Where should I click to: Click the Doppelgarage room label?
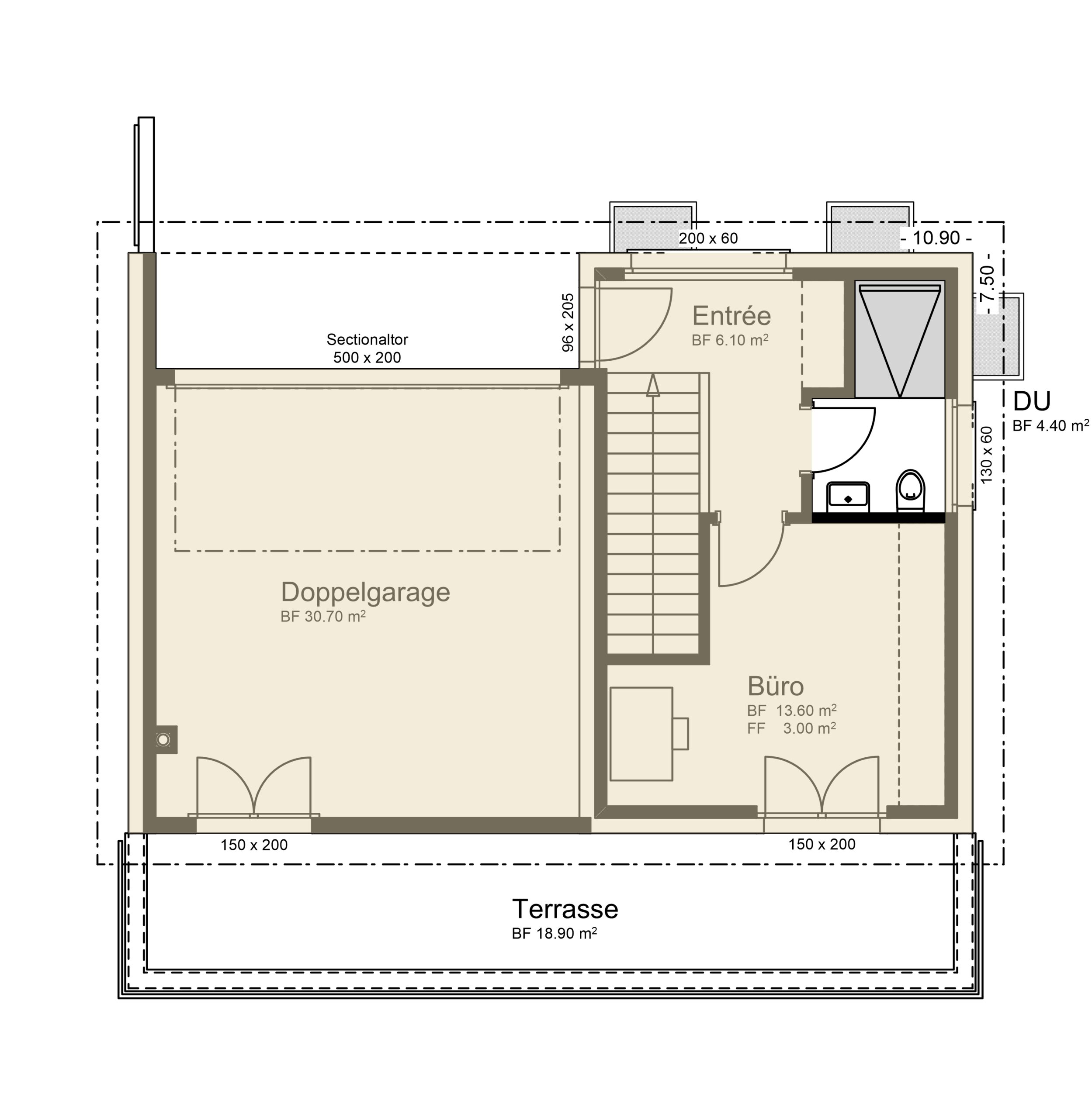coord(365,593)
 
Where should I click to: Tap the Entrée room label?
coord(731,315)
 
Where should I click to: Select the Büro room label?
coord(775,686)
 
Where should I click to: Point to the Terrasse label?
coord(565,909)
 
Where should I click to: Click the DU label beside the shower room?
coord(1032,401)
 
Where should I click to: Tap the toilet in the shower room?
coord(910,491)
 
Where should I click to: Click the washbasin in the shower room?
coord(848,497)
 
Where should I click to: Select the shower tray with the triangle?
coord(900,339)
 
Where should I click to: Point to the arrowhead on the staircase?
coord(653,385)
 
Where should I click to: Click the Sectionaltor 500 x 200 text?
coord(367,349)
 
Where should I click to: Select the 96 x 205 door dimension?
coord(567,323)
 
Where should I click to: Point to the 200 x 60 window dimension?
coord(708,238)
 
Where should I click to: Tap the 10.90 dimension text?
coord(936,238)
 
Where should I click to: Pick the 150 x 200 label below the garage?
coord(254,845)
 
